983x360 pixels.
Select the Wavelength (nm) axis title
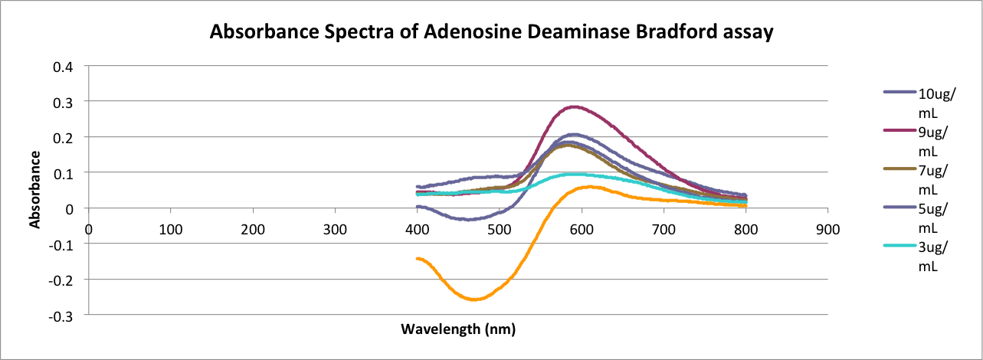[x=458, y=329]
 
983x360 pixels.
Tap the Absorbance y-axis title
[x=34, y=189]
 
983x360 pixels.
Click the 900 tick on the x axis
[x=827, y=229]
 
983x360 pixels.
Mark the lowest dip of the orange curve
[x=473, y=299]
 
